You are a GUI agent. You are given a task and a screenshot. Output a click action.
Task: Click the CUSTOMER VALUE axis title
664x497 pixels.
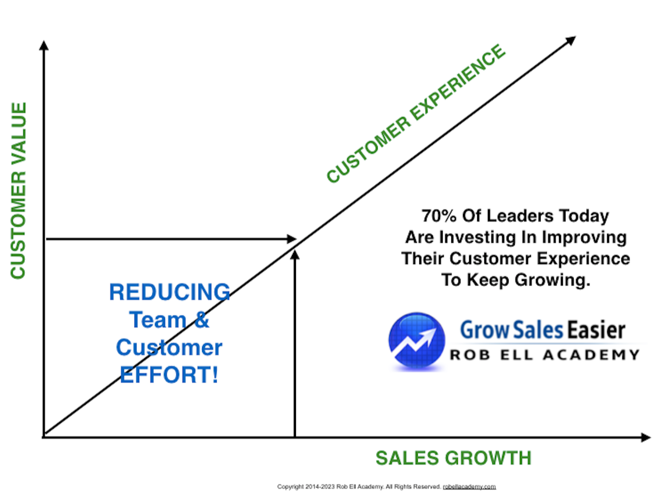(18, 190)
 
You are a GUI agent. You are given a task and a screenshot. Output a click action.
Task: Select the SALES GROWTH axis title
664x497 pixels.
(453, 458)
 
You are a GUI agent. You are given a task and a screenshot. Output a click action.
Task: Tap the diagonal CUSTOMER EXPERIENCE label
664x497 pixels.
(416, 113)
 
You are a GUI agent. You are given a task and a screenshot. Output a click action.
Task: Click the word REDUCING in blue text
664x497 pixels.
(170, 292)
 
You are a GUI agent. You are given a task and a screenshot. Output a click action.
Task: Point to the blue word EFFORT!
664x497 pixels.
(169, 375)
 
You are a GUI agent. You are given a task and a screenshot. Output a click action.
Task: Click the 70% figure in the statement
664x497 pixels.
(439, 216)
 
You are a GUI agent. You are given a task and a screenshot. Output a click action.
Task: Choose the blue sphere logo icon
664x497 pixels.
(417, 341)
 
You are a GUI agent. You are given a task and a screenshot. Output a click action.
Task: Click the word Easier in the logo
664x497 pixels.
(595, 330)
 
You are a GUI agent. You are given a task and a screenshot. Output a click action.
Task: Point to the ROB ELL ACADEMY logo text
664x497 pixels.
(545, 355)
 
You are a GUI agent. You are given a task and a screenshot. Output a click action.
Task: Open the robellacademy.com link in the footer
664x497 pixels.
(469, 487)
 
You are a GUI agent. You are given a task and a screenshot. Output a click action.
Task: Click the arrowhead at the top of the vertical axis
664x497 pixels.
(44, 45)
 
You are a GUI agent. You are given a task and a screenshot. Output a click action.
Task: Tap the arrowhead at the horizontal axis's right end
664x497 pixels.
(646, 438)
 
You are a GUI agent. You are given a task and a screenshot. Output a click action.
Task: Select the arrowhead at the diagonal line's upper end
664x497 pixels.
(571, 40)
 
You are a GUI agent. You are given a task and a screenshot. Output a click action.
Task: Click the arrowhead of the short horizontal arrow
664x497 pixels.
(291, 239)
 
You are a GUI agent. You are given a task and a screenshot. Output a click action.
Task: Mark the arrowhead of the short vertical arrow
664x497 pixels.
(294, 255)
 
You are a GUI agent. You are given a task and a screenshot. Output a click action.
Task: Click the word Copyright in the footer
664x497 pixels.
(290, 487)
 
